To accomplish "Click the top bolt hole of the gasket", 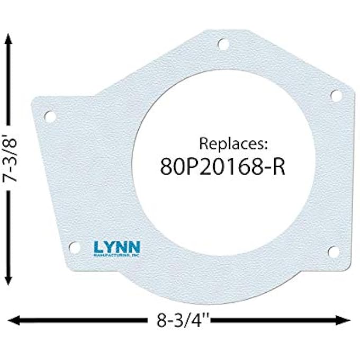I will click(223, 44).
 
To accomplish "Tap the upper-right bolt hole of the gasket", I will click(336, 95).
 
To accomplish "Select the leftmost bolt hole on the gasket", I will click(51, 116).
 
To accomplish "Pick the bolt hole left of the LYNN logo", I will click(76, 247).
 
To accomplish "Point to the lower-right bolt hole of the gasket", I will click(334, 251).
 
